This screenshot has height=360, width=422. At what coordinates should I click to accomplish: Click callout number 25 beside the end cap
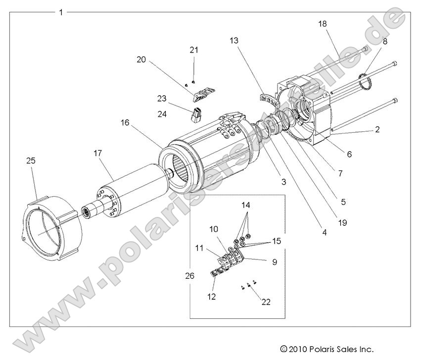pos(31,161)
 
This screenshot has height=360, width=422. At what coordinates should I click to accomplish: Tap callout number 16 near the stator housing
pos(124,122)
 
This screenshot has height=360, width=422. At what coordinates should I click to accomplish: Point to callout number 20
pos(142,59)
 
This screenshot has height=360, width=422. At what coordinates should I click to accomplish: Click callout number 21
pos(194,50)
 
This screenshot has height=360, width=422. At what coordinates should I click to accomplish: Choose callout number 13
pos(234,41)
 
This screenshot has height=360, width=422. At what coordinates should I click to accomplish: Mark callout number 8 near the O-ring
pos(384,42)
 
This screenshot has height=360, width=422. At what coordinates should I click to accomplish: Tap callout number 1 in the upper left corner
pos(61,12)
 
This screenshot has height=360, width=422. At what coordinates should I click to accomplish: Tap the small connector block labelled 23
pos(195,115)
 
